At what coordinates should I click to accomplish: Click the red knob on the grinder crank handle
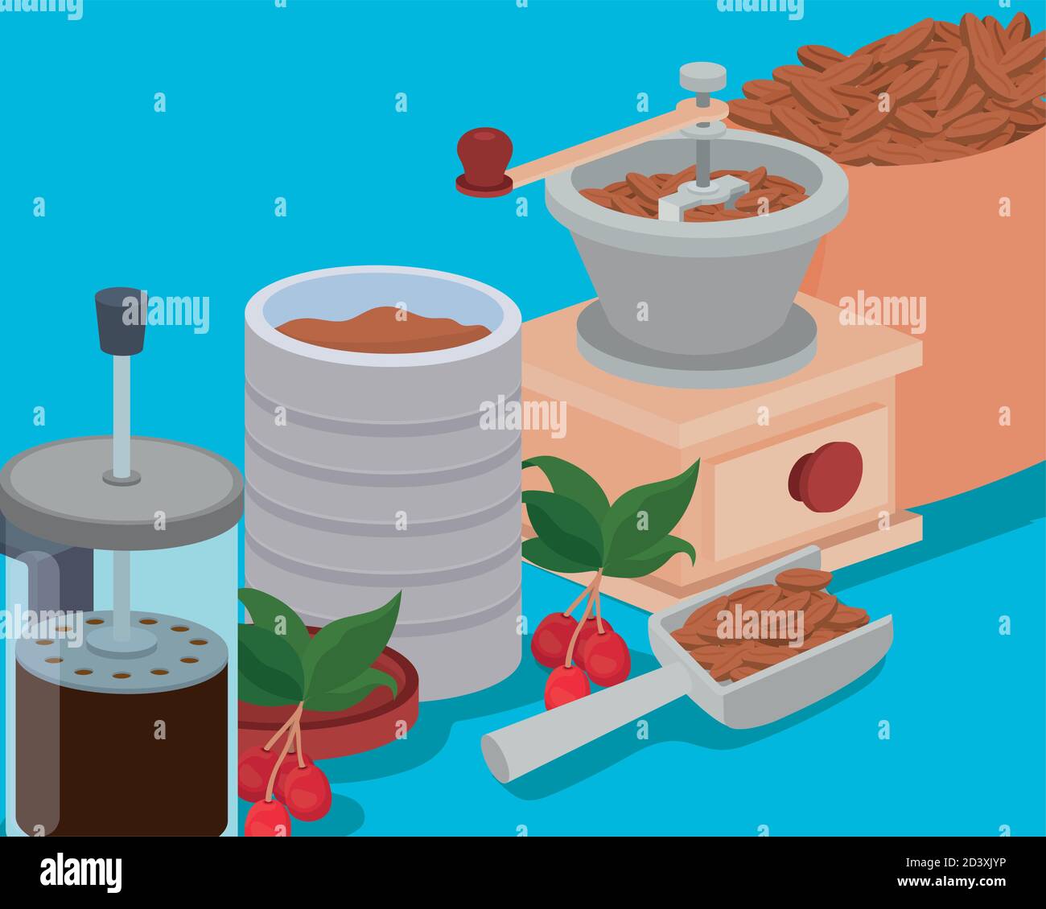click(484, 153)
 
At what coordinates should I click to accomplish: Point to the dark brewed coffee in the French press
click(121, 756)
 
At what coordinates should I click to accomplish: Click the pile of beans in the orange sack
click(901, 88)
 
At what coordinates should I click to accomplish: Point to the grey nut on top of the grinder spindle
click(702, 77)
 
